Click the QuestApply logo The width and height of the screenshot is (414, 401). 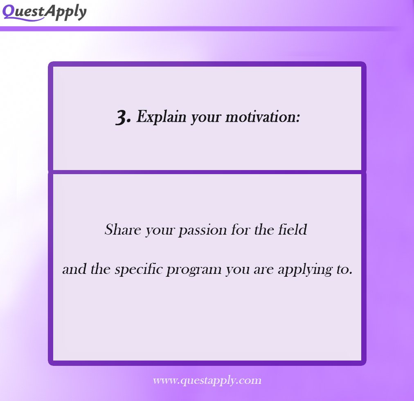pyautogui.click(x=44, y=12)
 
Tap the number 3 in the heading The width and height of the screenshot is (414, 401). pyautogui.click(x=123, y=118)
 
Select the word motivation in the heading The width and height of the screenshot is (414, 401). pyautogui.click(x=263, y=117)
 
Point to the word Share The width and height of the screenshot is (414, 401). pyautogui.click(x=119, y=229)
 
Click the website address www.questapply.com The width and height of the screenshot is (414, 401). pyautogui.click(x=207, y=381)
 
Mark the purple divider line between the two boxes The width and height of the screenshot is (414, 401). pyautogui.click(x=207, y=172)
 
